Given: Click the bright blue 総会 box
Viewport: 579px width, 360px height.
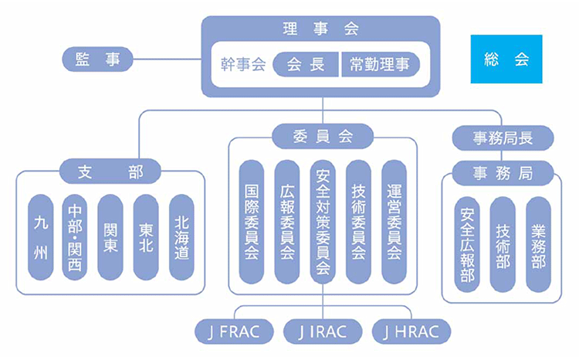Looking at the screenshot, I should (x=506, y=59).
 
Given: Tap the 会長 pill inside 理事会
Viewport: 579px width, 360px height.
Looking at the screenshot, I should (x=306, y=65).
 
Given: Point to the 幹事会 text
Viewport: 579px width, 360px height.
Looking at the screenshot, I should (x=242, y=65).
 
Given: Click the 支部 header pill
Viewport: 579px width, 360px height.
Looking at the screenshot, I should (x=110, y=172).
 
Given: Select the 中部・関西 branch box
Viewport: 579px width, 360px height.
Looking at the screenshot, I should (x=75, y=237).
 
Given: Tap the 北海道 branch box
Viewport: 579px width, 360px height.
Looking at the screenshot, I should (x=181, y=237).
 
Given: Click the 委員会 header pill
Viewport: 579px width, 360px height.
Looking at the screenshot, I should (x=323, y=137).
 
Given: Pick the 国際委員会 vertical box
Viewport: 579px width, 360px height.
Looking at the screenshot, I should (x=252, y=222).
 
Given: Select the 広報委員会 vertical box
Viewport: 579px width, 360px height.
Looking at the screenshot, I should (x=287, y=222).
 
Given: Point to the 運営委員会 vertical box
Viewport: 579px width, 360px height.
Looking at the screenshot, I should (x=394, y=222).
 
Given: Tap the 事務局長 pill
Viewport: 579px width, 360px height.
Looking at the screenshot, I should (x=503, y=138).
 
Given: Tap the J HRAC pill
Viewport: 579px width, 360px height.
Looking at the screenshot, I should (x=410, y=332).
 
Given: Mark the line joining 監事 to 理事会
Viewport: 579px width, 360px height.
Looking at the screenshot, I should (x=167, y=59).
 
